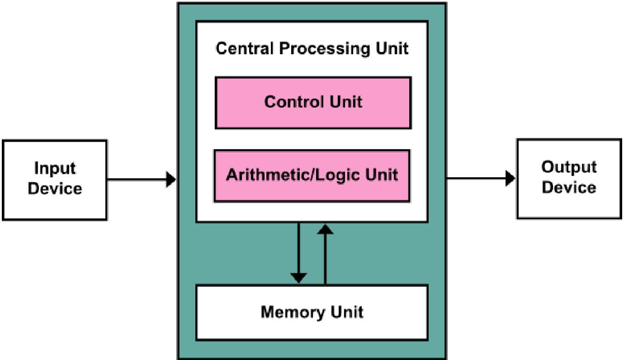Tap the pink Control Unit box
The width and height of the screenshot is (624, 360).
pos(313,103)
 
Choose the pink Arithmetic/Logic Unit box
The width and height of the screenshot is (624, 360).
pos(312,176)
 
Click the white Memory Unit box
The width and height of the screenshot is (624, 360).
pos(312,313)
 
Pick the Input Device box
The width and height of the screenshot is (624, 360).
pos(55,180)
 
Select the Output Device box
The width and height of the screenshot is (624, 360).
pos(569,179)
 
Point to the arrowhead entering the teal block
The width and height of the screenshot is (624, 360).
pos(171,180)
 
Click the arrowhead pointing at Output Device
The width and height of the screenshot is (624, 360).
pos(511,178)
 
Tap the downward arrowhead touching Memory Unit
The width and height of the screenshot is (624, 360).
pos(298,278)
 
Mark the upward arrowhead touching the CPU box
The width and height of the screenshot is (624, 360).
pos(326,229)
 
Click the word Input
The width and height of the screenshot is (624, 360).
pos(55,169)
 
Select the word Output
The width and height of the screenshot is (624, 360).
pos(569,167)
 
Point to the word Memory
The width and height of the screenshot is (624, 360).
pos(293,313)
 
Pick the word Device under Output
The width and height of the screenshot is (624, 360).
pos(569,187)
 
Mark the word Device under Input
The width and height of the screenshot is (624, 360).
pos(55,189)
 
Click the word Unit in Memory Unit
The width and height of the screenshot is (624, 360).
pos(347,312)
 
